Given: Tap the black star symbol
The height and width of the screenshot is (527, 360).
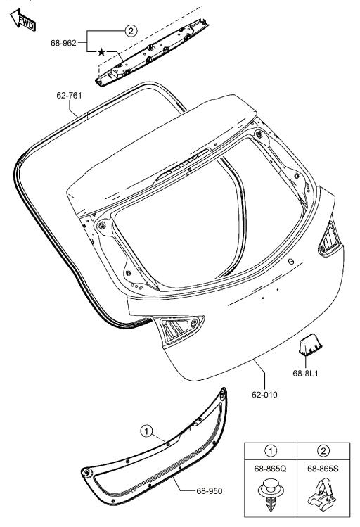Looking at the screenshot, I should (102, 52).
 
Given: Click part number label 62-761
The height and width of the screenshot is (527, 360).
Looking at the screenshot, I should (70, 94).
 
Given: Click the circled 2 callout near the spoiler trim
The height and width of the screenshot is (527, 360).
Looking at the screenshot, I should (130, 31).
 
